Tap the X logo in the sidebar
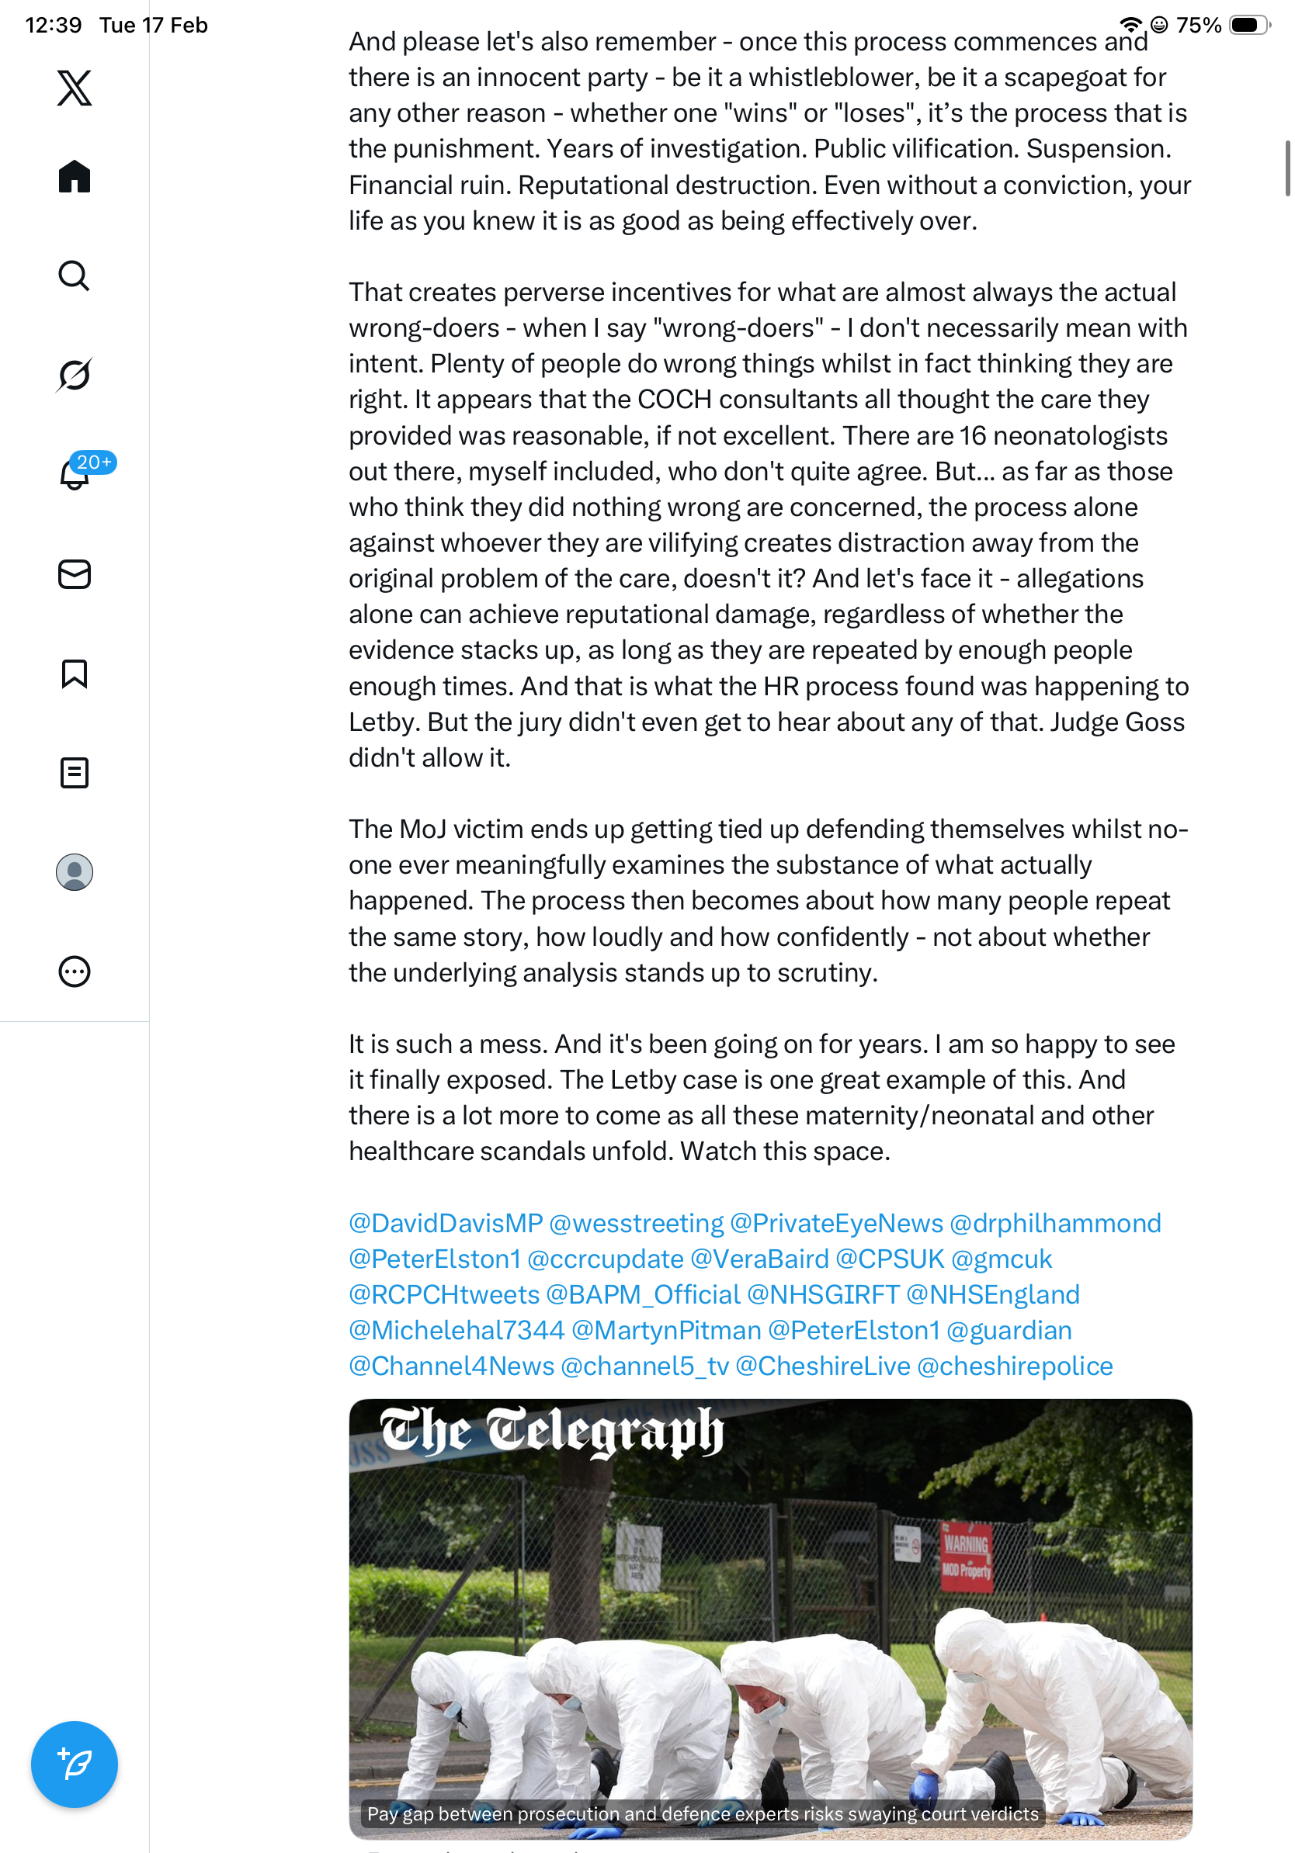tap(75, 88)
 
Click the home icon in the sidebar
tap(75, 176)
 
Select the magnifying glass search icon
tap(75, 276)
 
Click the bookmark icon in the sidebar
tap(75, 674)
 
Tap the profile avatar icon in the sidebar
tap(75, 872)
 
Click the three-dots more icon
tap(75, 972)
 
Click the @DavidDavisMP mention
tap(446, 1224)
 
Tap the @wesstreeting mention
tap(636, 1224)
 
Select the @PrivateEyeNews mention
tap(836, 1224)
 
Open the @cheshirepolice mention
tap(1015, 1366)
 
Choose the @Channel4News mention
tap(451, 1366)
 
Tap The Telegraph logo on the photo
tap(551, 1432)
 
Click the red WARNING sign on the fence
tap(966, 1555)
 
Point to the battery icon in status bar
tap(1248, 25)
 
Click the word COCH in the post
tap(675, 400)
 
